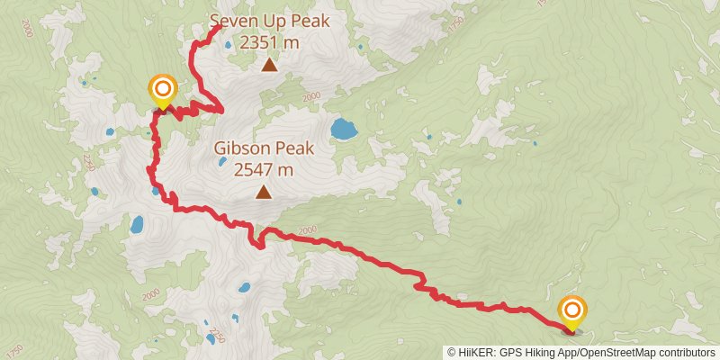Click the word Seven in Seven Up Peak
coord(232,21)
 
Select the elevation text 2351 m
coord(270,41)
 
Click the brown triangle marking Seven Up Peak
coord(269,64)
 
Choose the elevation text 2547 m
coord(263,168)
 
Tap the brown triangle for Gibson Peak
coord(263,191)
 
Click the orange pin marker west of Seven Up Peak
coord(162,88)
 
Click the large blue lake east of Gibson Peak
coord(344,130)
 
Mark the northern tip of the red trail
coord(220,27)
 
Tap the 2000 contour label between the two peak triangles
coord(311,97)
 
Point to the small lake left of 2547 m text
coord(220,164)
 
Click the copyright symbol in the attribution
coord(453,353)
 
